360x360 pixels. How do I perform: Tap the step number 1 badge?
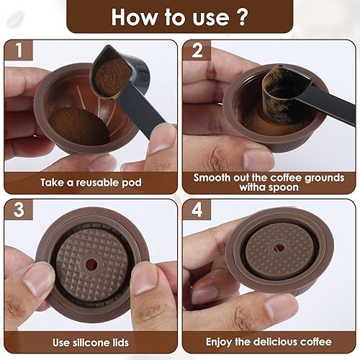[17, 53]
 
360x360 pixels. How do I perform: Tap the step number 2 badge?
[196, 53]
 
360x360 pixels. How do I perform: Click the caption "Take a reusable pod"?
[89, 182]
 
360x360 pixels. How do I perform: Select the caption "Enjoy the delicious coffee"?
[269, 341]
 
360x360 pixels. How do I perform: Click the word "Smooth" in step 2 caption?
[214, 177]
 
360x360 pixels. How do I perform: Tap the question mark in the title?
[244, 16]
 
